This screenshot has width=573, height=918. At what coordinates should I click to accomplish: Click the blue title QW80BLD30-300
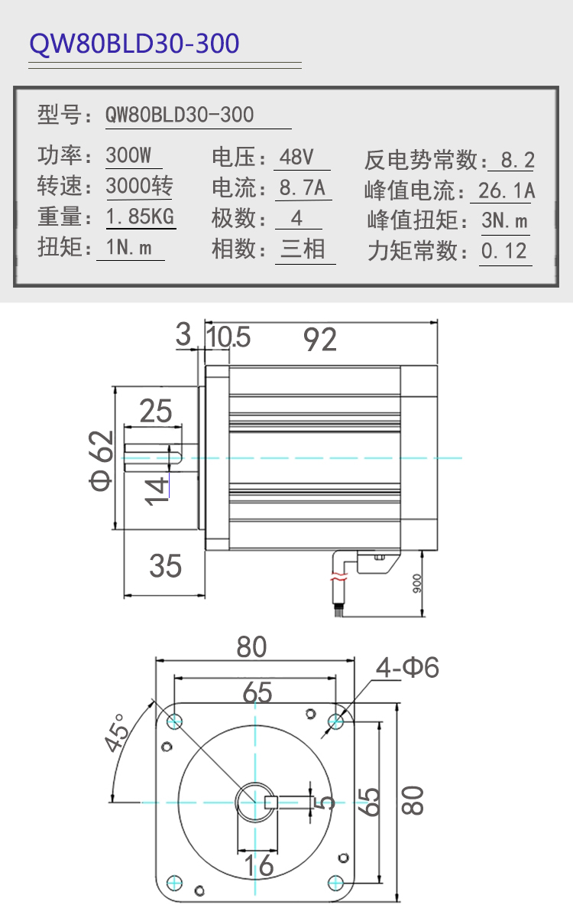pyautogui.click(x=134, y=44)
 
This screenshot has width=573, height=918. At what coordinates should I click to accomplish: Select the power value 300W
pyautogui.click(x=128, y=155)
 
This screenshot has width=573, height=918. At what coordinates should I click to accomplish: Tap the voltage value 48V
pyautogui.click(x=296, y=157)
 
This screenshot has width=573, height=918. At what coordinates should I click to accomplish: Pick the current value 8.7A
pyautogui.click(x=303, y=187)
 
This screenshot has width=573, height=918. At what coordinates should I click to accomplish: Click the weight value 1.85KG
pyautogui.click(x=140, y=216)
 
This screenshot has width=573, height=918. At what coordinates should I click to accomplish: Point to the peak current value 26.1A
pyautogui.click(x=507, y=190)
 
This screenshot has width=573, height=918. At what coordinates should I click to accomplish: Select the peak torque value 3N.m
pyautogui.click(x=505, y=220)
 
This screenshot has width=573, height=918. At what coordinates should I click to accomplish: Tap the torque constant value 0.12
pyautogui.click(x=503, y=251)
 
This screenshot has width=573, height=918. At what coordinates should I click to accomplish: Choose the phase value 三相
pyautogui.click(x=303, y=249)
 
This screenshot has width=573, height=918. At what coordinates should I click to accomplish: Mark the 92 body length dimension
pyautogui.click(x=320, y=340)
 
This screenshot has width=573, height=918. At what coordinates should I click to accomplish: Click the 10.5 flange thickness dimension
pyautogui.click(x=228, y=337)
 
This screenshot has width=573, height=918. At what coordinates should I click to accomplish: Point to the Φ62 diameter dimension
pyautogui.click(x=101, y=461)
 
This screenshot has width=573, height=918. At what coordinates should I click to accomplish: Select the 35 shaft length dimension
pyautogui.click(x=165, y=566)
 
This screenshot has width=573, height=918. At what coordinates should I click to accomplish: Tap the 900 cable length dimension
pyautogui.click(x=416, y=584)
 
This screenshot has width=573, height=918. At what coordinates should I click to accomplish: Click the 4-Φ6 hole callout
pyautogui.click(x=407, y=668)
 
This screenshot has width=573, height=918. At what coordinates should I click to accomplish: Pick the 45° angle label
pyautogui.click(x=116, y=733)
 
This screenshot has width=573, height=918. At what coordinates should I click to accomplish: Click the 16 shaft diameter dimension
pyautogui.click(x=259, y=865)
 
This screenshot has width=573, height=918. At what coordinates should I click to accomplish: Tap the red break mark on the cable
pyautogui.click(x=339, y=577)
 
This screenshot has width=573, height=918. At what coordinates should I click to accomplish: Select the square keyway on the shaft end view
pyautogui.click(x=271, y=802)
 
